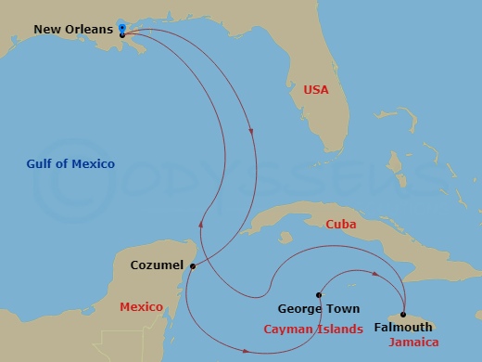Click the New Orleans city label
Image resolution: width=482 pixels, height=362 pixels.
[x=73, y=29]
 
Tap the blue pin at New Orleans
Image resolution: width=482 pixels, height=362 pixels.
[x=122, y=28]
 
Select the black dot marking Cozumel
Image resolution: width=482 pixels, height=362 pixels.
[x=192, y=266]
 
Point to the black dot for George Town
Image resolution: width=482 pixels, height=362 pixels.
[x=319, y=292]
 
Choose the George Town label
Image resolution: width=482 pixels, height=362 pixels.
[x=319, y=309]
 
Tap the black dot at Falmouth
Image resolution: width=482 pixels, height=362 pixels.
[x=402, y=314]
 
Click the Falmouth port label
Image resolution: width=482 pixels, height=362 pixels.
[x=402, y=328]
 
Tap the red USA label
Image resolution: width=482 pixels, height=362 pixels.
[x=317, y=89]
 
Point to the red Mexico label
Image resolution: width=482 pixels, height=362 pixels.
[x=141, y=306]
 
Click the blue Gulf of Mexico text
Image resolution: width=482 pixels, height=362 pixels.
[x=70, y=164]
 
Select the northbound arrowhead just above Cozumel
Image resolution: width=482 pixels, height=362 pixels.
[x=200, y=224]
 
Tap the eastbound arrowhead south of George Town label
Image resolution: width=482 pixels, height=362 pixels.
[x=247, y=351]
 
